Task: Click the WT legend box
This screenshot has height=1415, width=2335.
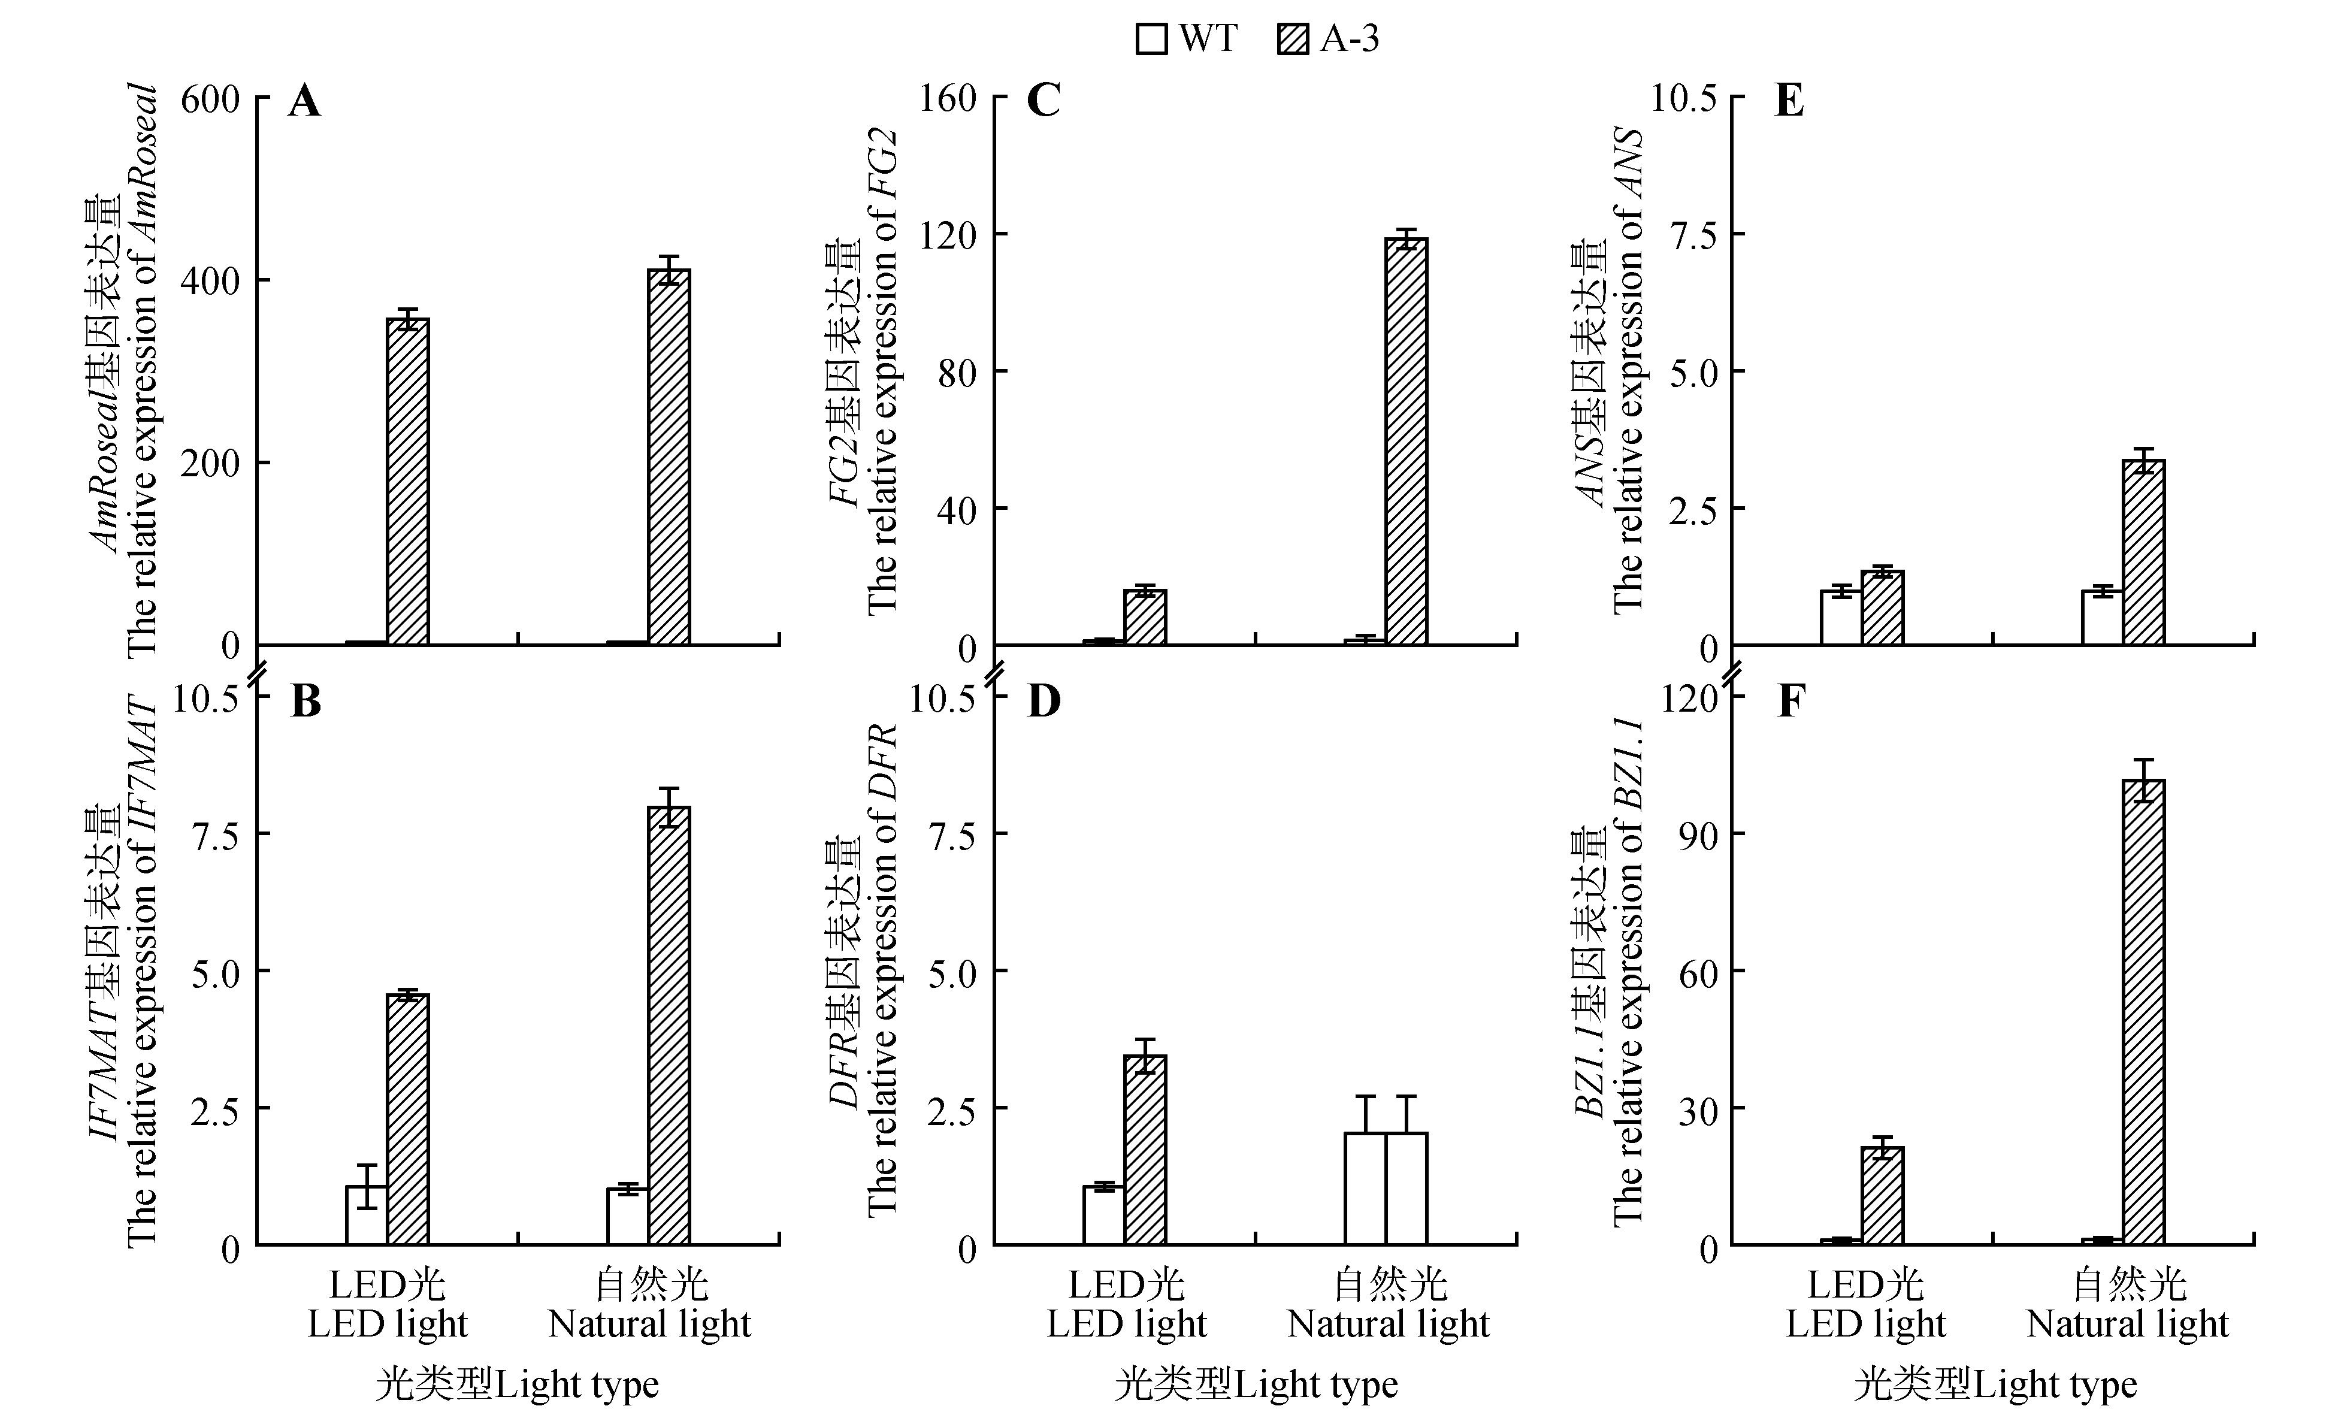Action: (1151, 40)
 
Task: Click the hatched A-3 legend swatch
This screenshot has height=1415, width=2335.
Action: (1293, 40)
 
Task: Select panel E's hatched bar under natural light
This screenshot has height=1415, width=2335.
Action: (2143, 552)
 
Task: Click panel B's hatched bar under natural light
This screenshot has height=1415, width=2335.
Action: (669, 1026)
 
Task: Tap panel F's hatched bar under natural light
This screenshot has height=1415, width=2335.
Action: (2143, 1012)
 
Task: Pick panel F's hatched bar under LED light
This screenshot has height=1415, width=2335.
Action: (1882, 1196)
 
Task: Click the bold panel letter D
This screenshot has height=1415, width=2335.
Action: (1044, 702)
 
